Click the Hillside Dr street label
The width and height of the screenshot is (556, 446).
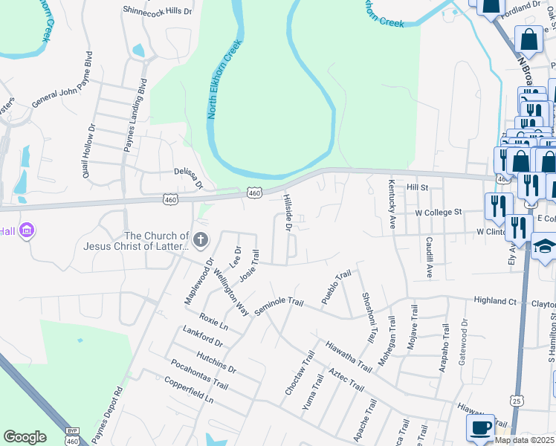(288, 213)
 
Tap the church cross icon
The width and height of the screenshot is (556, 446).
(200, 239)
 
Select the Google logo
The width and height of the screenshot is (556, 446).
(25, 437)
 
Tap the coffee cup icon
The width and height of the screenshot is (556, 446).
(480, 427)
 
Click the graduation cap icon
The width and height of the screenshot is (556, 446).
(544, 248)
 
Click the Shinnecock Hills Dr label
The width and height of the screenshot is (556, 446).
(157, 11)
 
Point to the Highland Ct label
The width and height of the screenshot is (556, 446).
(495, 301)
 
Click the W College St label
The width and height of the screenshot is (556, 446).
(439, 212)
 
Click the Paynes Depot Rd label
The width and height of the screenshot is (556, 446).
(106, 413)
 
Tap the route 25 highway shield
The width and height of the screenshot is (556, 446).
(516, 401)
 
